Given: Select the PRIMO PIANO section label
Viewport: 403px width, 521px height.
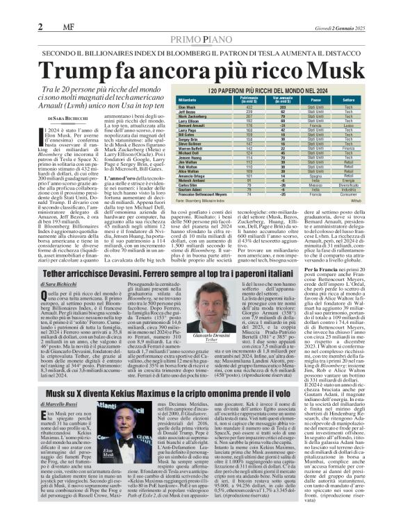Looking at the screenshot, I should (201, 39).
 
